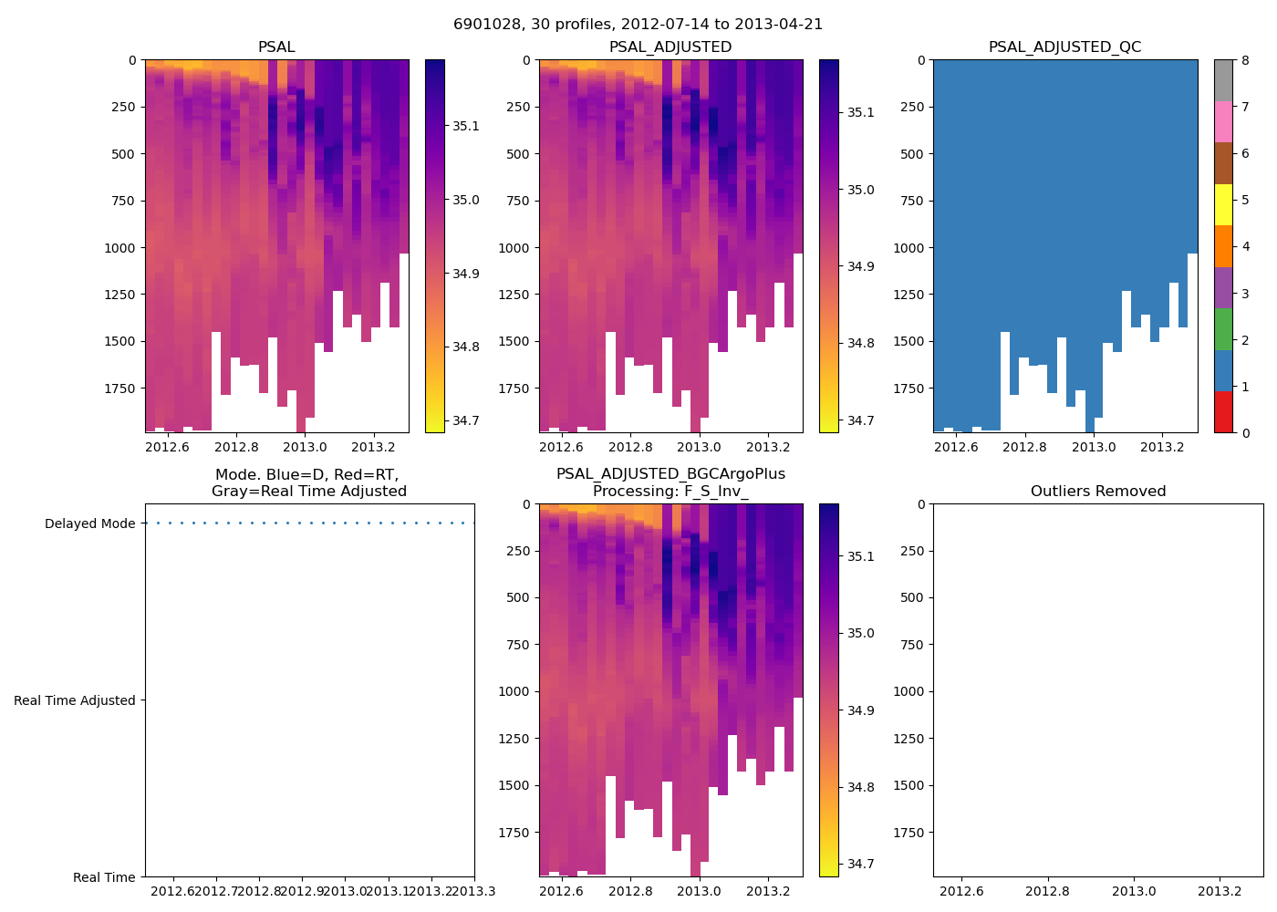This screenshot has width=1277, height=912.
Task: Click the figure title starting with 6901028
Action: (638, 25)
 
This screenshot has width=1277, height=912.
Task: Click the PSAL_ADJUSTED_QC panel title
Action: (1064, 47)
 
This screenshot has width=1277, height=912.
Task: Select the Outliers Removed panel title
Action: (1097, 492)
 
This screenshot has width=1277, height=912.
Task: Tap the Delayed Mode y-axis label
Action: (89, 524)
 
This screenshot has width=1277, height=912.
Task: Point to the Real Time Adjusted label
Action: (74, 701)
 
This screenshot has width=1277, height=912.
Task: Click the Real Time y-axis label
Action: (104, 878)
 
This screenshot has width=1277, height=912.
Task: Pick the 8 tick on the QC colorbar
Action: (1245, 60)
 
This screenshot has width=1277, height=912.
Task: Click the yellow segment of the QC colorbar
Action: (1223, 205)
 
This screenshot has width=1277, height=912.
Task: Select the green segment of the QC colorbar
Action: (1223, 328)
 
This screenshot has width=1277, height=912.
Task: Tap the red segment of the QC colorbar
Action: (1223, 412)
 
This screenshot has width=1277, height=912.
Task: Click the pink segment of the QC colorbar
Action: (1223, 121)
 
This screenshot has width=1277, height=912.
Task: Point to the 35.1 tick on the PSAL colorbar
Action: (466, 127)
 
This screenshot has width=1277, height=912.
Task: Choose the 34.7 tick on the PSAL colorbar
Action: (466, 421)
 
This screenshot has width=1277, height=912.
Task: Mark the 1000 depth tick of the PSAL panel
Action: (120, 248)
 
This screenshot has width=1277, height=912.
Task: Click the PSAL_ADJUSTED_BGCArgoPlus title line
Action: (670, 474)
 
